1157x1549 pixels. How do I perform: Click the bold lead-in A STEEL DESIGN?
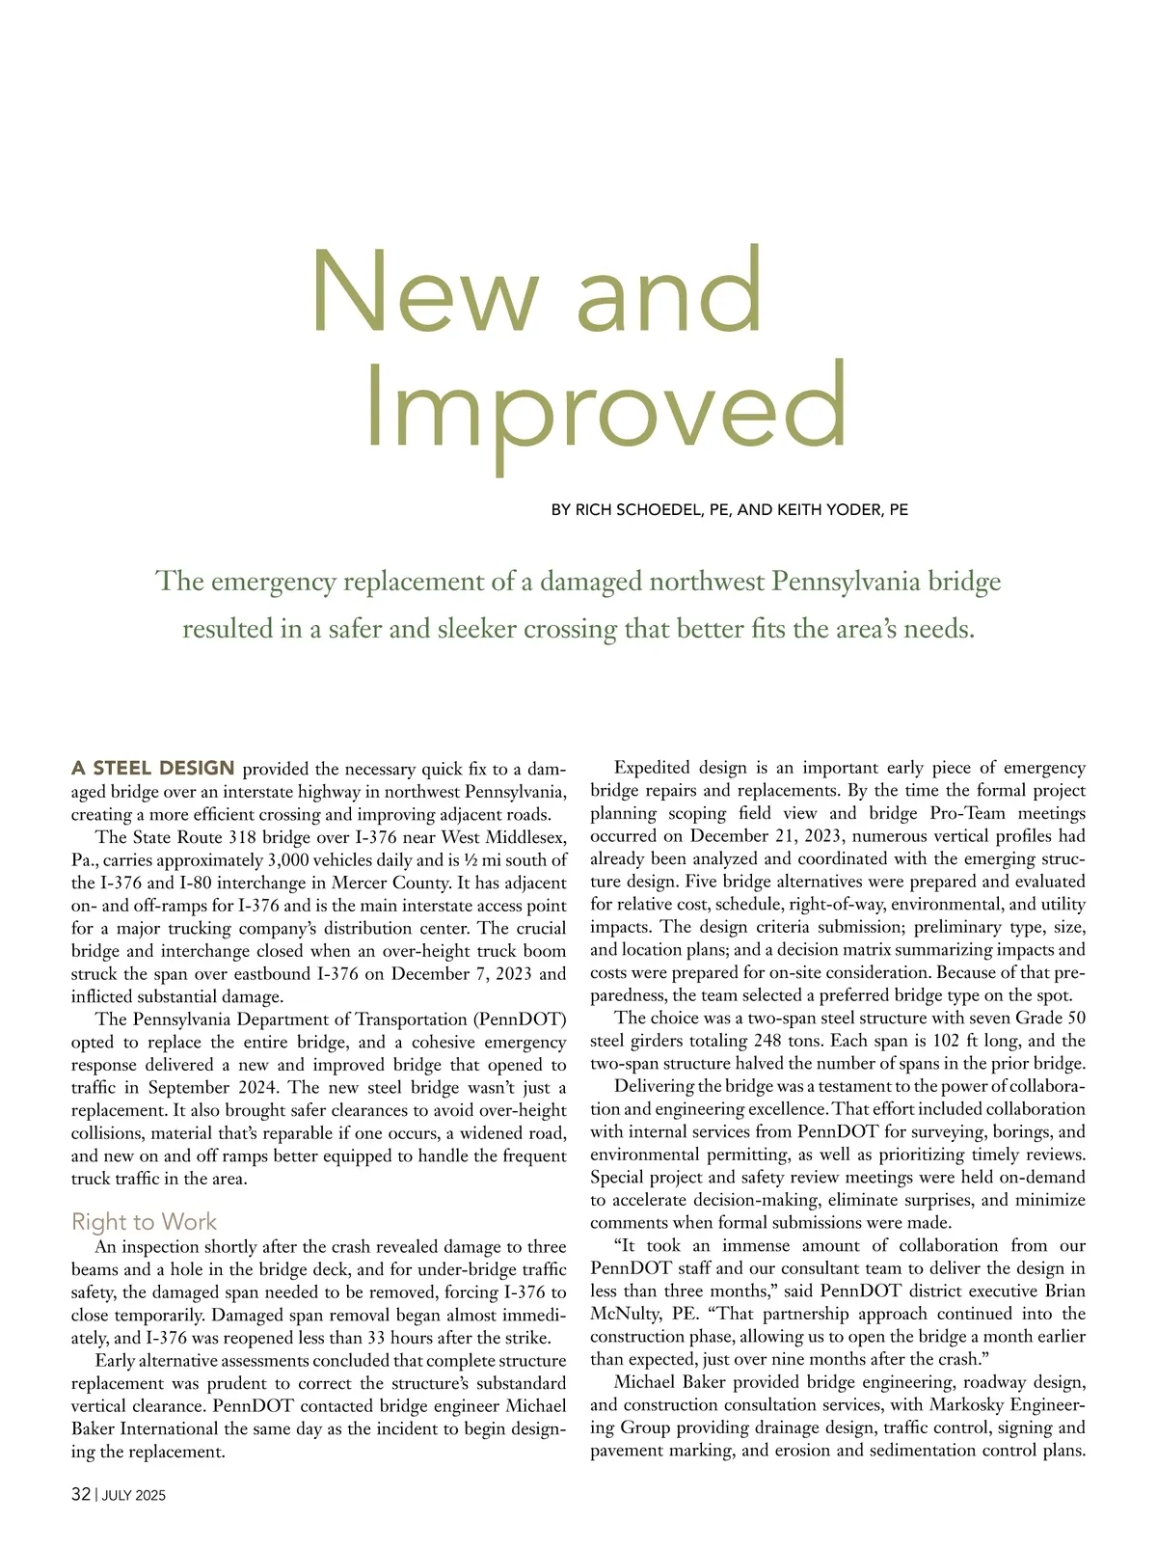153,769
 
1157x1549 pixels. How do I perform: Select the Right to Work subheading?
145,1222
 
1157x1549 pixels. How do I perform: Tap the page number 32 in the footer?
81,1495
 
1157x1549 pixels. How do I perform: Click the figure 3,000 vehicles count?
302,859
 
